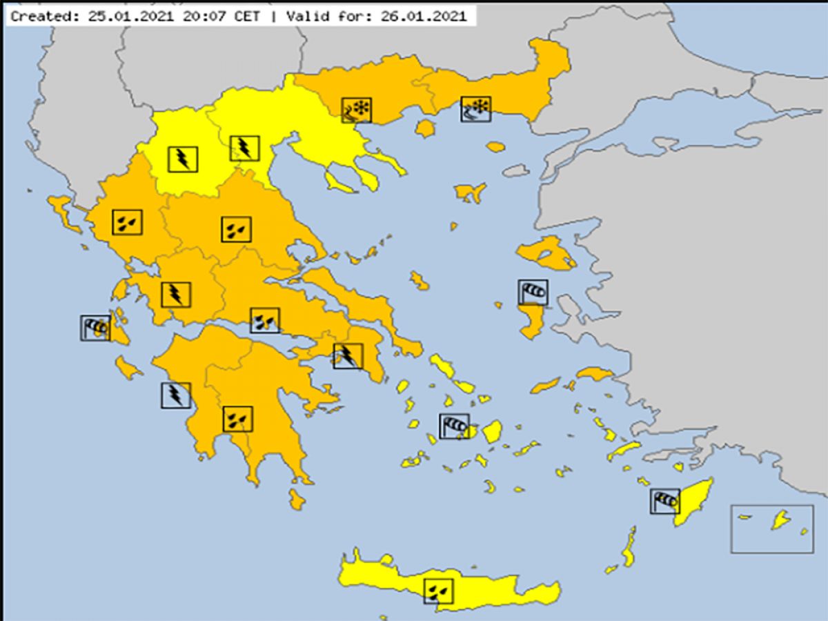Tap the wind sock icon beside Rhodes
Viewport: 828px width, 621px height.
(x=664, y=500)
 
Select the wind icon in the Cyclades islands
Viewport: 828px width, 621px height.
(x=454, y=426)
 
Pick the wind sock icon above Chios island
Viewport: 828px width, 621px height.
(x=533, y=292)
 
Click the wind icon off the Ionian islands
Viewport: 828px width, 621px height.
(x=95, y=328)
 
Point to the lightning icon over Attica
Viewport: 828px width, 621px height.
(x=348, y=355)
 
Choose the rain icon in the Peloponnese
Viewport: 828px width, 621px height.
(x=237, y=419)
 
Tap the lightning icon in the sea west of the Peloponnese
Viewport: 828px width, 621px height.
(x=176, y=395)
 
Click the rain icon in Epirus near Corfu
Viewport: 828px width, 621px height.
(x=128, y=221)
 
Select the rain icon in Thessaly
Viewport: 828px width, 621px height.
(x=236, y=229)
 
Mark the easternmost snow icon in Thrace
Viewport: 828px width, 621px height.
(x=476, y=108)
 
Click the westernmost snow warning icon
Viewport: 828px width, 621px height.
(x=357, y=110)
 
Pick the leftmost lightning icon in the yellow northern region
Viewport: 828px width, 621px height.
(x=183, y=159)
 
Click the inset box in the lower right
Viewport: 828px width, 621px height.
(x=772, y=528)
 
